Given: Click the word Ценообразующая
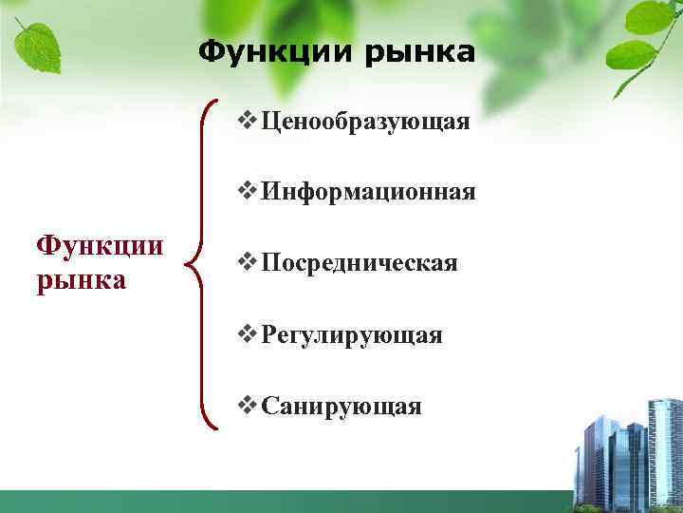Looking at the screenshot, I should pyautogui.click(x=366, y=123).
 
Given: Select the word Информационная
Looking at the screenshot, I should pyautogui.click(x=368, y=194).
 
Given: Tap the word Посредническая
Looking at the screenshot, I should pyautogui.click(x=360, y=263).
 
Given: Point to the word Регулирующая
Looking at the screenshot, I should pyautogui.click(x=352, y=335).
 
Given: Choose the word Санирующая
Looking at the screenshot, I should pyautogui.click(x=341, y=407).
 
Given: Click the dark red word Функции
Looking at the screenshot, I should pyautogui.click(x=100, y=246).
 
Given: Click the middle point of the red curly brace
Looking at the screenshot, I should pyautogui.click(x=194, y=262).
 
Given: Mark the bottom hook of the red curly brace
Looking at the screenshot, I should pyautogui.click(x=214, y=426).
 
